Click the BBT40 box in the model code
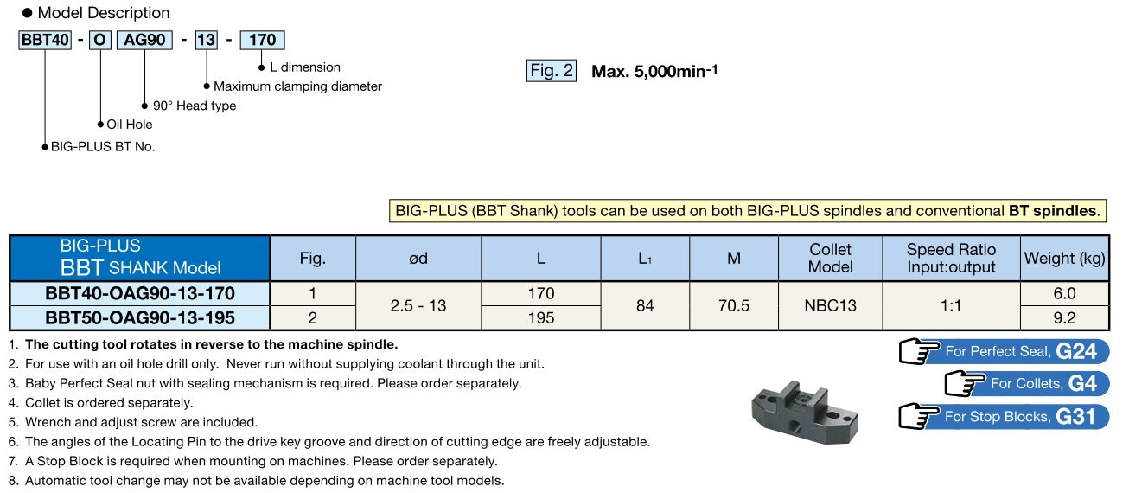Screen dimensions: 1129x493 click(45, 40)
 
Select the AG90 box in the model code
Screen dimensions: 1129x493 click(144, 40)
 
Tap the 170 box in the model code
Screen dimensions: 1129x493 click(262, 40)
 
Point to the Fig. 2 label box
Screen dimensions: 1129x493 click(552, 71)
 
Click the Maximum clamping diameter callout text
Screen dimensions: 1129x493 click(297, 86)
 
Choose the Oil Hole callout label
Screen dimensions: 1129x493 click(129, 125)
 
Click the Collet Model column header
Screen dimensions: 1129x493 click(830, 258)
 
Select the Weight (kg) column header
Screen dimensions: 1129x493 click(1064, 258)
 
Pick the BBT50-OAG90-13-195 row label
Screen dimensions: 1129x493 click(140, 318)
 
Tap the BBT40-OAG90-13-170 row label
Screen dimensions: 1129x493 click(140, 293)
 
